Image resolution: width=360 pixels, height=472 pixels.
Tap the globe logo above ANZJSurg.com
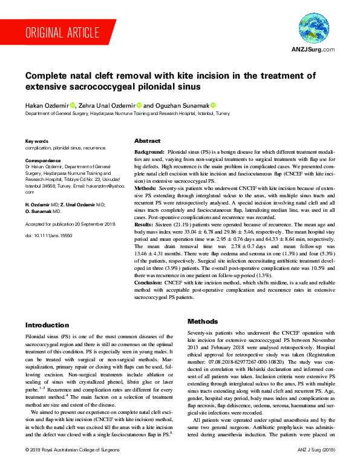(313, 31)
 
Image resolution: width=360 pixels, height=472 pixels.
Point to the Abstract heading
(147, 140)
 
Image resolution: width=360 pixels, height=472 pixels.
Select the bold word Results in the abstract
(147, 241)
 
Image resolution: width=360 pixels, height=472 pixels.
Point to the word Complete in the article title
(51, 77)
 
